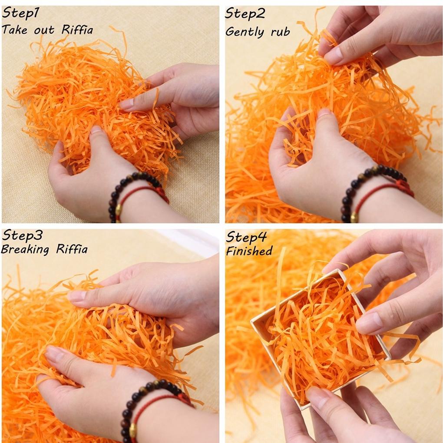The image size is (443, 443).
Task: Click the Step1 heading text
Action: (20, 13)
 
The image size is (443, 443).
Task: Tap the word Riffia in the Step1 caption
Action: (77, 30)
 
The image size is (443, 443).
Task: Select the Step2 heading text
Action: (245, 13)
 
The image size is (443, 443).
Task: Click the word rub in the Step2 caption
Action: (280, 32)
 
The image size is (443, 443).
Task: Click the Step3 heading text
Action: (22, 235)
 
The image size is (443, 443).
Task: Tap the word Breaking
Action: (25, 250)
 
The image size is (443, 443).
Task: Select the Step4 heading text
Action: (246, 237)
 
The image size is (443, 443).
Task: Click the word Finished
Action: (249, 251)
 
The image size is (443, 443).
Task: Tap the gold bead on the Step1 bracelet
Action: (119, 209)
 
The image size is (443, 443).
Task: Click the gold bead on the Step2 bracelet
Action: (354, 217)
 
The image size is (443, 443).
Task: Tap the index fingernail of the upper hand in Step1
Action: (127, 104)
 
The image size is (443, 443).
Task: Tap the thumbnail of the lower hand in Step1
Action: (96, 130)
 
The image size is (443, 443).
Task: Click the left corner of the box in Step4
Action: (251, 322)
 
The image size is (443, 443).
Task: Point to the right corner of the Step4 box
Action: (390, 359)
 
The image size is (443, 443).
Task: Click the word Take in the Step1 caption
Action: (14, 30)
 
